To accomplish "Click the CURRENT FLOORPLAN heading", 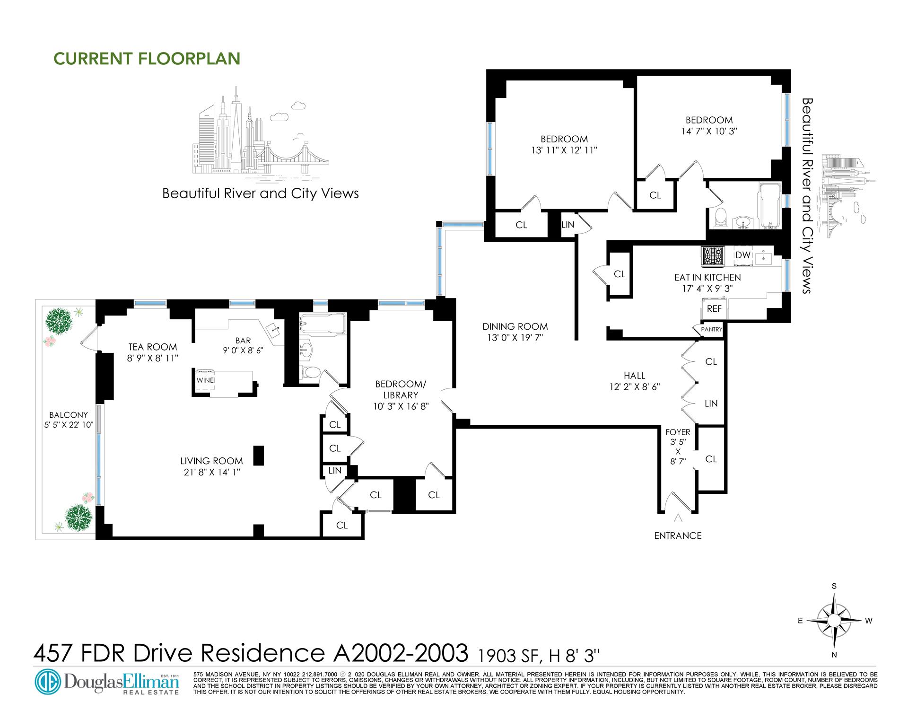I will [x=147, y=58].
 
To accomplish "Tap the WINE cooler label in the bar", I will [x=205, y=380].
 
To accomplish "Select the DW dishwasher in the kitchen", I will [x=743, y=255].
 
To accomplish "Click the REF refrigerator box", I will [x=714, y=308].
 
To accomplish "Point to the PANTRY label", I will [x=711, y=329].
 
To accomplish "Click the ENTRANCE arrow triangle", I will [x=678, y=518].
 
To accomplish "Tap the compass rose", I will [x=835, y=620].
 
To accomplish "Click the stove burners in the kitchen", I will [x=713, y=256].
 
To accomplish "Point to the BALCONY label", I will [x=69, y=415].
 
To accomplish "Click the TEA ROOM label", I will [x=152, y=347].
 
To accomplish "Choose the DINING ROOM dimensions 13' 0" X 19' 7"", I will [x=515, y=337].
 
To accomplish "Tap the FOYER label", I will [x=678, y=432].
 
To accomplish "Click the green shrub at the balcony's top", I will [x=59, y=320].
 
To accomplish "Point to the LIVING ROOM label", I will [x=211, y=461].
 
